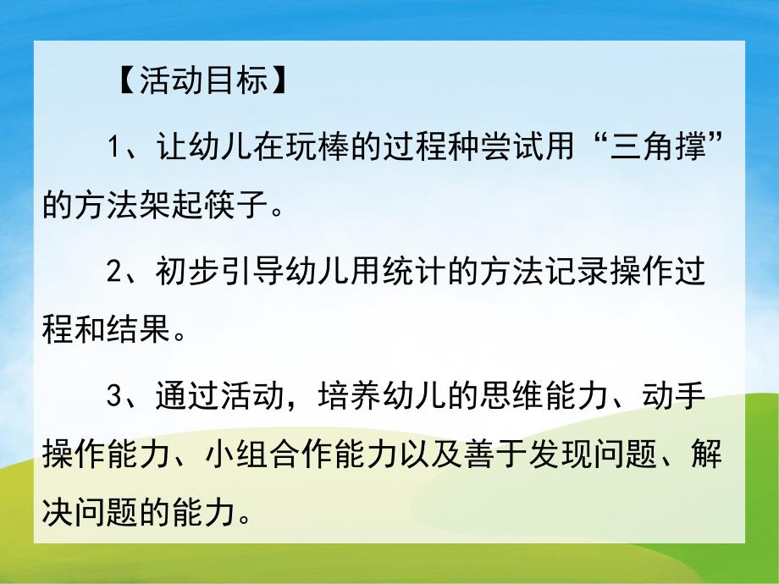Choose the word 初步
(x=175, y=272)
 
